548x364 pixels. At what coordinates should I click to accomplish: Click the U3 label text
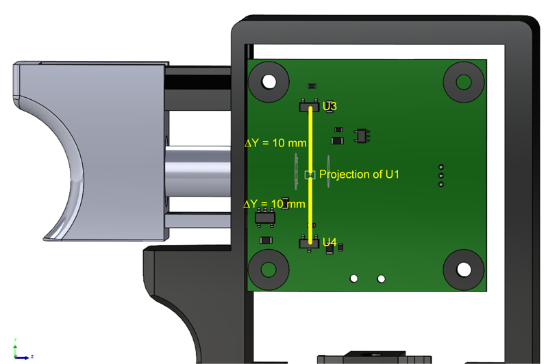[329, 106]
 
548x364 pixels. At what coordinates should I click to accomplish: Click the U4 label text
[329, 242]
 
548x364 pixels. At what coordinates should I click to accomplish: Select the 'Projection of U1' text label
[359, 174]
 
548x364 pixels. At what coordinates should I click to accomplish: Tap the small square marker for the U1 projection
[310, 175]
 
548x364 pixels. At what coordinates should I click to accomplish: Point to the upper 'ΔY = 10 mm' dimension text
[275, 143]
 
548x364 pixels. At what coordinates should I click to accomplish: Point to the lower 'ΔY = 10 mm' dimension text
[275, 204]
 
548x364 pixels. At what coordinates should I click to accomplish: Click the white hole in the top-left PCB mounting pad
[269, 81]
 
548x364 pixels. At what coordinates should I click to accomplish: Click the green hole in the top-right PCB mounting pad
[464, 82]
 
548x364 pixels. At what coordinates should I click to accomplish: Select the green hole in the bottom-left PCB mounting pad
[269, 270]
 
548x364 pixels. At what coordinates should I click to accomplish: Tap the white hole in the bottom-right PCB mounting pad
[464, 270]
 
